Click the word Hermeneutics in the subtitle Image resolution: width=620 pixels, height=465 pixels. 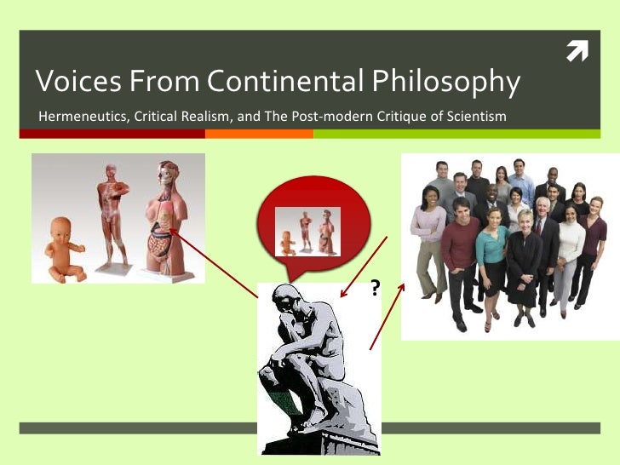(x=81, y=115)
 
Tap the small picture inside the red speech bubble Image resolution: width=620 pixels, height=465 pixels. (x=307, y=231)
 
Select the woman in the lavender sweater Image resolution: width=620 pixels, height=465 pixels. (x=428, y=247)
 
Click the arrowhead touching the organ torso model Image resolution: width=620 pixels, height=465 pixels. (x=170, y=229)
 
